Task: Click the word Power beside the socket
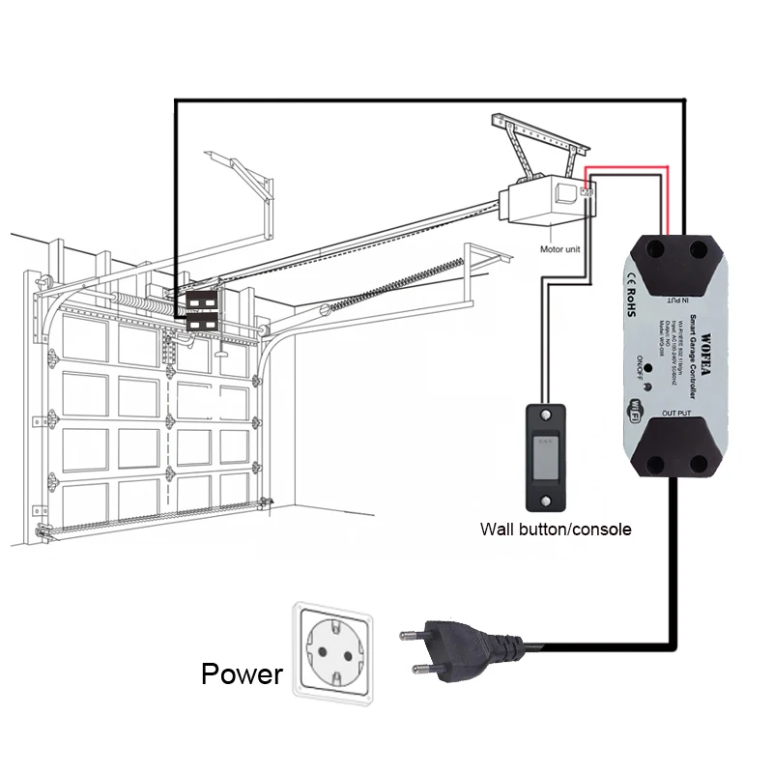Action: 242,673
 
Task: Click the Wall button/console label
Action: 556,529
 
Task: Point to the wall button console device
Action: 545,457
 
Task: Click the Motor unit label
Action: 561,249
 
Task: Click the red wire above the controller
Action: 628,171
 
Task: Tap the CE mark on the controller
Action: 625,280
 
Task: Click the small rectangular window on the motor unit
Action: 562,194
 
